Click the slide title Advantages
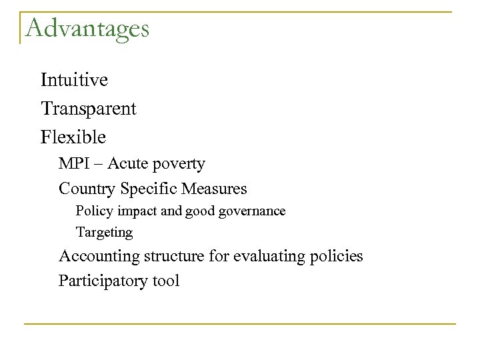(87, 28)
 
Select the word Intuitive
(74, 81)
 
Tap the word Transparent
(89, 109)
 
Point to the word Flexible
(73, 137)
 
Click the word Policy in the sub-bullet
(91, 212)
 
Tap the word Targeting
(104, 233)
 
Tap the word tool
(166, 281)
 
